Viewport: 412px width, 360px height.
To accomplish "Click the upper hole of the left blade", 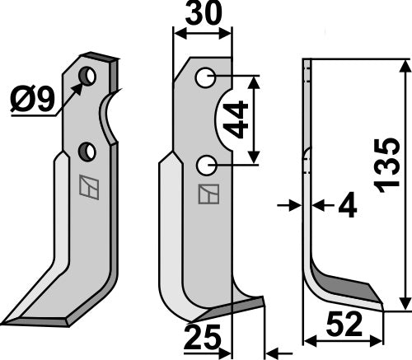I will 87,77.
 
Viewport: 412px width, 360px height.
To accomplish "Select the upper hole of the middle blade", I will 206,78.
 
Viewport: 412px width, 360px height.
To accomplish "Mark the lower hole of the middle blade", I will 206,166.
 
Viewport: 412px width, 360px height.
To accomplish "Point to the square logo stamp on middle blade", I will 208,195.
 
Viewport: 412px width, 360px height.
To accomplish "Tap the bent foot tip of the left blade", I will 21,317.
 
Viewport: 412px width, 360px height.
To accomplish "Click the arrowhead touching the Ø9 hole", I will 80,85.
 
